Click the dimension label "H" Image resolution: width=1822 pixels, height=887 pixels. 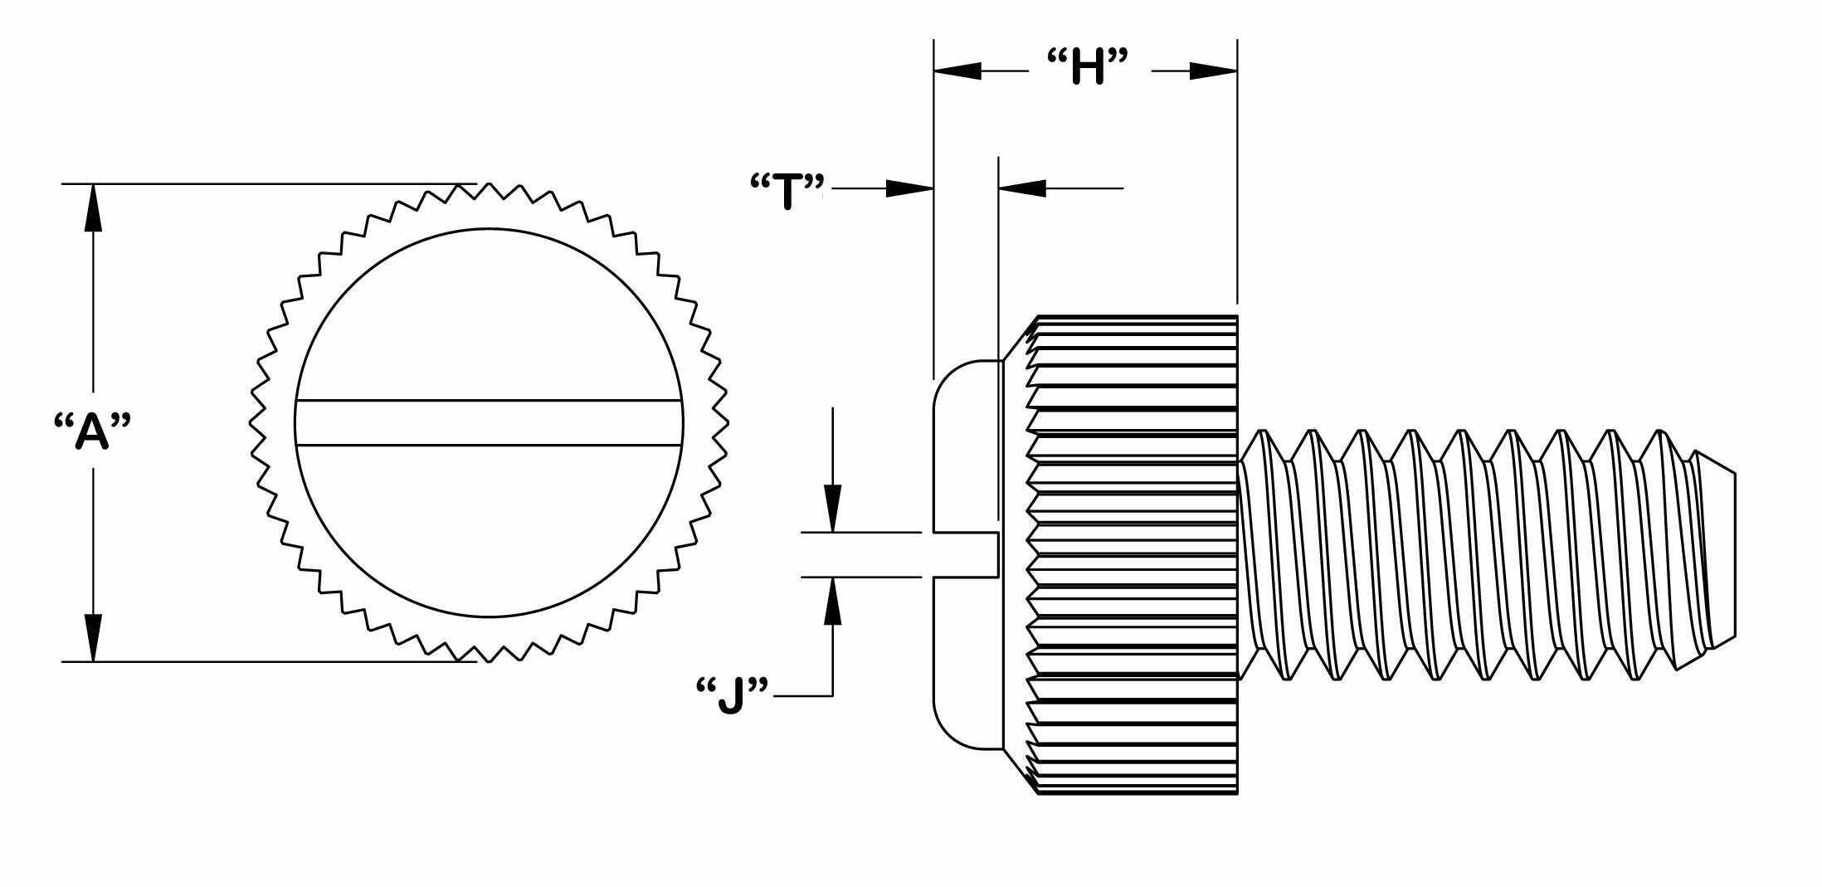[1089, 67]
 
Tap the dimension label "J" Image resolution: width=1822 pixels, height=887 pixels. [730, 695]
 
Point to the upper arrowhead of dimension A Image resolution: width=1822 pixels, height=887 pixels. [93, 208]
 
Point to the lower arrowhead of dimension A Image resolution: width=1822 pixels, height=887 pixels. [93, 636]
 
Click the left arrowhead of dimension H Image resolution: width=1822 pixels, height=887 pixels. [958, 71]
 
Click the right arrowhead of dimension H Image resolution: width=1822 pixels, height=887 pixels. [1212, 71]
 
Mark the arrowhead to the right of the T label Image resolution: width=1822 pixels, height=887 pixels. [909, 188]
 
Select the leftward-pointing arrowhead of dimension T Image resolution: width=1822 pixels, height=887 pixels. [1023, 188]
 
